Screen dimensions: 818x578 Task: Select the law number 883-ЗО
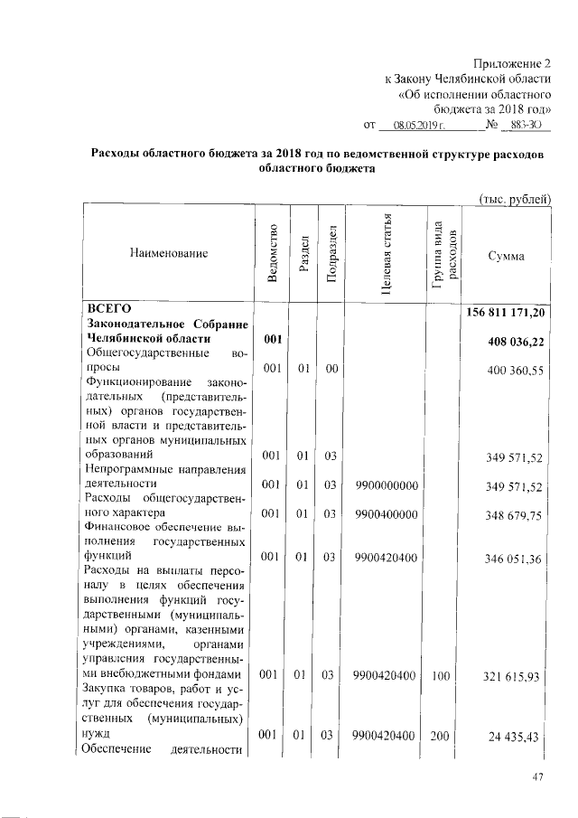pyautogui.click(x=526, y=124)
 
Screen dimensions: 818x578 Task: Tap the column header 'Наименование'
pyautogui.click(x=169, y=255)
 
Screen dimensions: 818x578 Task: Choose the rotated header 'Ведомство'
pyautogui.click(x=272, y=255)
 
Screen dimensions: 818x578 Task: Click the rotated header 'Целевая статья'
pyautogui.click(x=386, y=256)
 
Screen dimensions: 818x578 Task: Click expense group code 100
pyautogui.click(x=440, y=674)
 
